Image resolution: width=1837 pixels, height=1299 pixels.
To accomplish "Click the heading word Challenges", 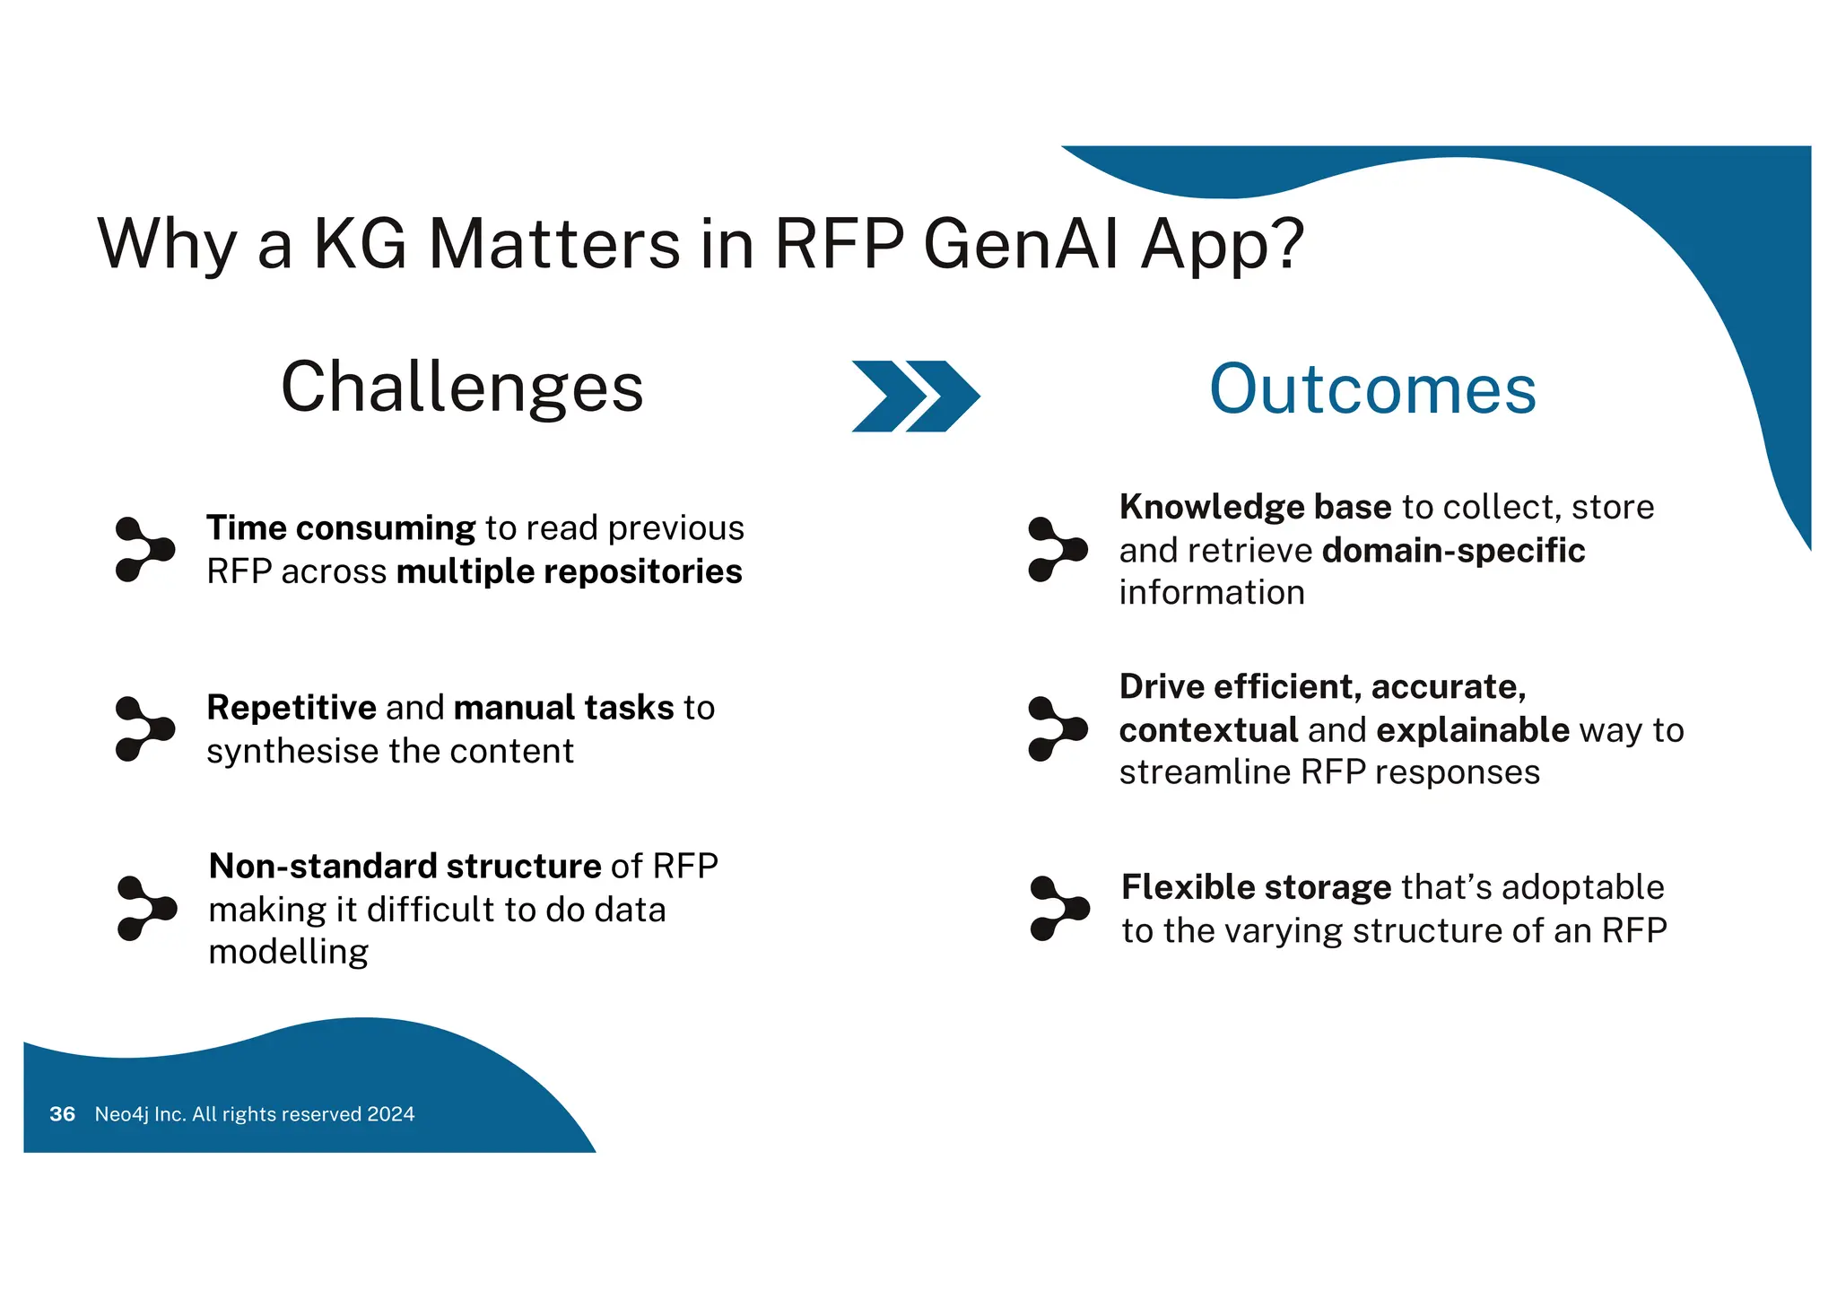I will [x=462, y=388].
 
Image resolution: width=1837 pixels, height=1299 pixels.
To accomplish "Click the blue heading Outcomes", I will [x=1372, y=389].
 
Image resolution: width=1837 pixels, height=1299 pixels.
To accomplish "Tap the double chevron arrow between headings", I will [x=915, y=396].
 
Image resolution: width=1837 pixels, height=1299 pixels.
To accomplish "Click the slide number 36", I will [x=62, y=1114].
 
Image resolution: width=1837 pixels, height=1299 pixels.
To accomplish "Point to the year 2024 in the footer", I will [x=390, y=1114].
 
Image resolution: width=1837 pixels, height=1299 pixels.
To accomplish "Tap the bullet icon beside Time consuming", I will [x=144, y=549].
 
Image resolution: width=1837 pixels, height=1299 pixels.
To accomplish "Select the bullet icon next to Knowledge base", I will [x=1057, y=549].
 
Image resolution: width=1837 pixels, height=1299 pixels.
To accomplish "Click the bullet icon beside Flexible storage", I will [x=1058, y=909].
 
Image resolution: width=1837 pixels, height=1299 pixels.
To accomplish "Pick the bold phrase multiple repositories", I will [x=569, y=571].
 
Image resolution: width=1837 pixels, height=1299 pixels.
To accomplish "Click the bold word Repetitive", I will [x=291, y=708].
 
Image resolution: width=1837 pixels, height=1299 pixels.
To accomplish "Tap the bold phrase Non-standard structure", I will [x=405, y=867].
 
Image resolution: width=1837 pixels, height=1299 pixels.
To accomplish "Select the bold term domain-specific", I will [x=1453, y=551].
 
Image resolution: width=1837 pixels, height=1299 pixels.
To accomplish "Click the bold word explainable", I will [x=1472, y=730].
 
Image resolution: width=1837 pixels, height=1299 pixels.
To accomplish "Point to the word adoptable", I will [x=1582, y=887].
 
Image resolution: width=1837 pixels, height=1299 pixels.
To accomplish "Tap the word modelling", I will [x=288, y=952].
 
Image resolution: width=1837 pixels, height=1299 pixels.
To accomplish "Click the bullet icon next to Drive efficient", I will [x=1057, y=728].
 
